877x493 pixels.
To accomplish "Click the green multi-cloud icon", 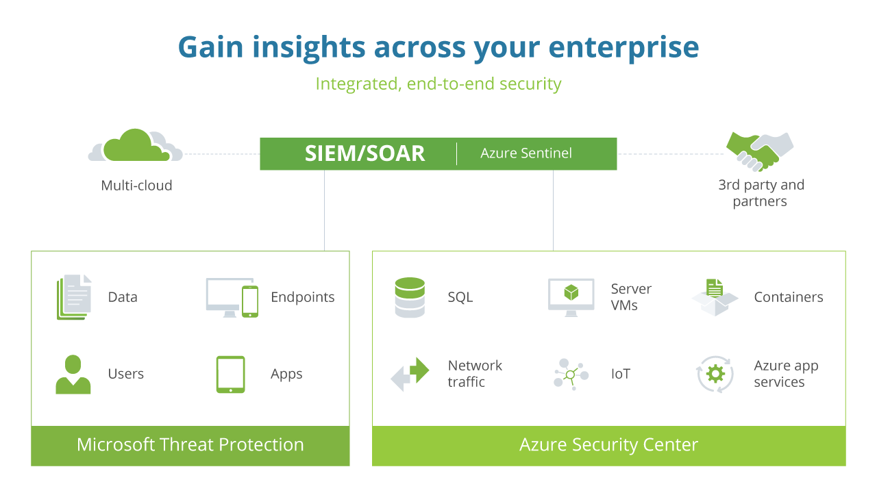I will [135, 145].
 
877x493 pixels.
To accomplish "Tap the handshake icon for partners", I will [759, 151].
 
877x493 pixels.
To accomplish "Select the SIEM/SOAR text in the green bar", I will [365, 153].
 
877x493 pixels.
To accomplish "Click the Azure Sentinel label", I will [526, 153].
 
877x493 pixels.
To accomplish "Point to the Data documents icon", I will [73, 297].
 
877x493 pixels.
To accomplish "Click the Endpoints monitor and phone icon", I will [232, 297].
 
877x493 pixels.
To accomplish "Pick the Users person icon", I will [73, 374].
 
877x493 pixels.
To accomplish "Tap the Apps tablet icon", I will [230, 374].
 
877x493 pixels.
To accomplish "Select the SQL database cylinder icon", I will [410, 297].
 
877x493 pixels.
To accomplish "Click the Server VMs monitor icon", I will [571, 297].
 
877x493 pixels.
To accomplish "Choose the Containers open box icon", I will [715, 297].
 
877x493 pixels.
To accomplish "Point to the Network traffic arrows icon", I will [410, 374].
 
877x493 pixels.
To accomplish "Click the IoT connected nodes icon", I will [570, 374].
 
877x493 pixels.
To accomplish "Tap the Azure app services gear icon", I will [715, 374].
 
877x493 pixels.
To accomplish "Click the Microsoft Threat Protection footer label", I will [190, 445].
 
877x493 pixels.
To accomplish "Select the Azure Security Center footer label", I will [608, 445].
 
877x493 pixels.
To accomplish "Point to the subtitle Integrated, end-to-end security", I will [438, 84].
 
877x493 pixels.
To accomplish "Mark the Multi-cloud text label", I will [136, 186].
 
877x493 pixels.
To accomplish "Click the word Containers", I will [788, 297].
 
